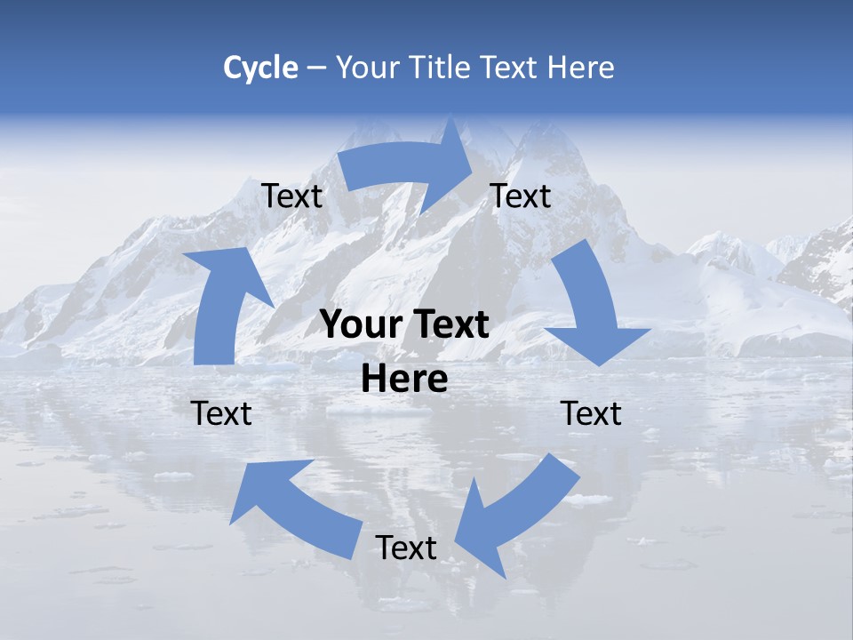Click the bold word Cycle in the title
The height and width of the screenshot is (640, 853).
(x=260, y=68)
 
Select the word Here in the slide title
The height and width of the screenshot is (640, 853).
(x=580, y=68)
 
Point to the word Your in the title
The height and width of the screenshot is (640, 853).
(x=368, y=68)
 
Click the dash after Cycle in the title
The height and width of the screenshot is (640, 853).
(x=316, y=68)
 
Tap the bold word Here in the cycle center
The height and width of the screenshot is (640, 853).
(x=404, y=380)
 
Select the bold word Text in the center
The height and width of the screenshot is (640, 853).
(x=452, y=325)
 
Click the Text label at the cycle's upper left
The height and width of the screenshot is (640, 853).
(x=292, y=196)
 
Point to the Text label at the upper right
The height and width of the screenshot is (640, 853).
(x=521, y=196)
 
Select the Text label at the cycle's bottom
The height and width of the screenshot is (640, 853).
(x=406, y=548)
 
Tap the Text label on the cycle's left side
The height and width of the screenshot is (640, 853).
(x=222, y=413)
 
